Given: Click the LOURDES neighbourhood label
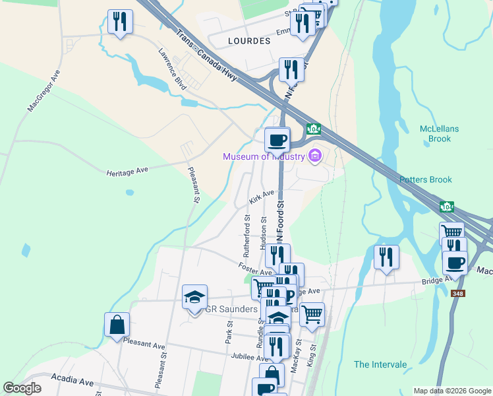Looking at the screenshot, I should pos(248,41).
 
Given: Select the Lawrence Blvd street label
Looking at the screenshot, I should pos(172,67).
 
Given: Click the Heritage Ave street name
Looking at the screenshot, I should pos(127,171).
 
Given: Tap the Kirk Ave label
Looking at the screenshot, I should pos(261,197).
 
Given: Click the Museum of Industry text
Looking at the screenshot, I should pos(264,156).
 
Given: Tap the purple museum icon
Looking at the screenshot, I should pos(314,156).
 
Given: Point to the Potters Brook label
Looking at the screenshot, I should pos(425,180).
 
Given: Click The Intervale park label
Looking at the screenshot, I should pos(380,364).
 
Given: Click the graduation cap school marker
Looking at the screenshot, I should pos(195,298).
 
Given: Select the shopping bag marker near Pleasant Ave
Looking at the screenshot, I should pos(117,325).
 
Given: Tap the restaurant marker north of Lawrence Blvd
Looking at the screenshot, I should pos(119,22).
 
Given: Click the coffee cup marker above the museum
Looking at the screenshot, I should pos(277,140).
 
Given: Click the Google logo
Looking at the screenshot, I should pos(22,388).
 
